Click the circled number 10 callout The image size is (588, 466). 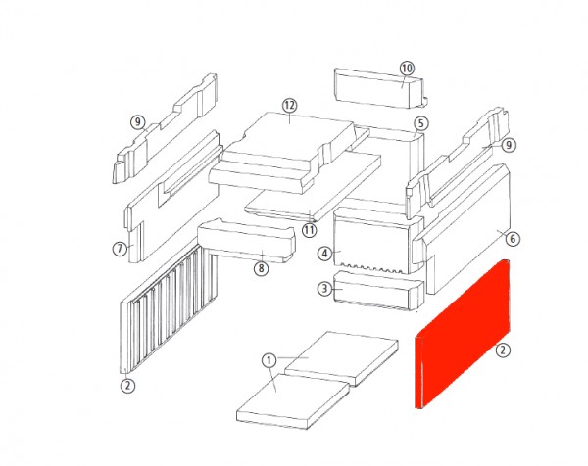[407, 69]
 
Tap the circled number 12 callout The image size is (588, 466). [290, 106]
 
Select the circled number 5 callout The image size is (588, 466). [421, 123]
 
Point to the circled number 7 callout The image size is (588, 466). [120, 249]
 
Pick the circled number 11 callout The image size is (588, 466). [310, 230]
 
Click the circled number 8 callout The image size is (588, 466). [261, 268]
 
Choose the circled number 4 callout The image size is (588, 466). [324, 254]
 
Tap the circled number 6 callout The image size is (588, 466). [513, 239]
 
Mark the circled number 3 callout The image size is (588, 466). [324, 289]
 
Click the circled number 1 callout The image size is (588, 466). [269, 361]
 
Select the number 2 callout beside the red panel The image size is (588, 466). [503, 350]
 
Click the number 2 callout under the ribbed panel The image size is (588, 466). [127, 385]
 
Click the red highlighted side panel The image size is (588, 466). [462, 334]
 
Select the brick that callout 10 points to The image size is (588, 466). [380, 88]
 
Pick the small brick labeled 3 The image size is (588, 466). [378, 291]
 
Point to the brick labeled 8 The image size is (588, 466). [246, 242]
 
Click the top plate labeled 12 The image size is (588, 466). [289, 150]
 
